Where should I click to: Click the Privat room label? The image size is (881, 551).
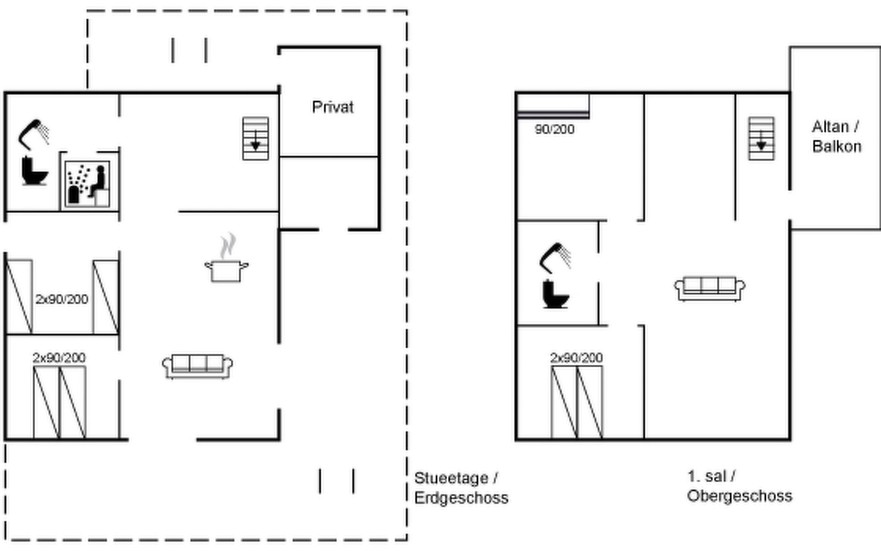333,107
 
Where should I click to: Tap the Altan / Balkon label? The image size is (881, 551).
836,136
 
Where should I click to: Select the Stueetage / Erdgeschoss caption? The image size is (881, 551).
461,488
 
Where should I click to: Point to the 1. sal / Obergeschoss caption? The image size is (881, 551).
739,486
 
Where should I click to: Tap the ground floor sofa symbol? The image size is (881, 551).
197,366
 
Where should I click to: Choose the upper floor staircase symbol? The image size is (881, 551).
761,138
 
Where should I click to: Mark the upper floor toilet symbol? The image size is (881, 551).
555,294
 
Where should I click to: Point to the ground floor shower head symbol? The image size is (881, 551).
33,133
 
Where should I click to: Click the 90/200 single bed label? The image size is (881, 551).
554,129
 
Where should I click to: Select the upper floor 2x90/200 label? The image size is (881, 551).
576,358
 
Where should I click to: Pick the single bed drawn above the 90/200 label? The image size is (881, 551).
553,107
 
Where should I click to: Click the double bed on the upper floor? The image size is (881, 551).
577,402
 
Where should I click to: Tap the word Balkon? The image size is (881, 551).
836,146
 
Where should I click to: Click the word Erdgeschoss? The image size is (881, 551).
461,498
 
